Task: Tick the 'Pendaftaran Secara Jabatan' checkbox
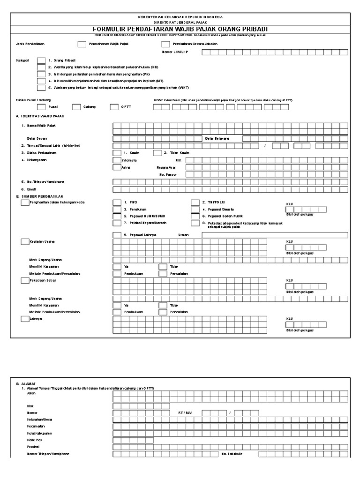[165, 45]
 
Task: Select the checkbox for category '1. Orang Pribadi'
[41, 60]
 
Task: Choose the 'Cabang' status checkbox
[76, 107]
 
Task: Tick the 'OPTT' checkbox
[114, 107]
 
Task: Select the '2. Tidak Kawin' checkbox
[157, 153]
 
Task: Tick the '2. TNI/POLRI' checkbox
[195, 202]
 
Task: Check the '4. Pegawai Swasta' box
[195, 209]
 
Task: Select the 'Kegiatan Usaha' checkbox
[25, 241]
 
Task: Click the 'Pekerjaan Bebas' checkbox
[25, 280]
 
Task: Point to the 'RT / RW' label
[186, 412]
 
